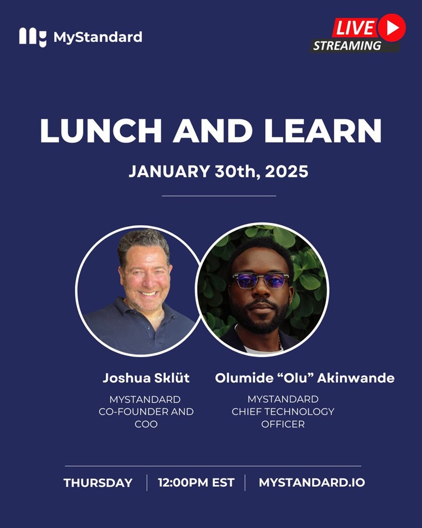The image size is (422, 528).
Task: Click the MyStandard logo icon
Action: [33, 37]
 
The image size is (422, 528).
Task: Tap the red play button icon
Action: [391, 28]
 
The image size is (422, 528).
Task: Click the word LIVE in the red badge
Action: [355, 29]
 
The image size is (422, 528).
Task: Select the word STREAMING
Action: [347, 45]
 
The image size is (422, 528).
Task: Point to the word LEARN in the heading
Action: [323, 130]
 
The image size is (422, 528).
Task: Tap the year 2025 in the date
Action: [286, 172]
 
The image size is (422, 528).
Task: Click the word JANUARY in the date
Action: [169, 172]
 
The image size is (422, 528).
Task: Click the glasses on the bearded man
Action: [261, 280]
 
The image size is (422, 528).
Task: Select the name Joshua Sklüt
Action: [146, 378]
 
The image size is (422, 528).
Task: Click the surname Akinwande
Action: [356, 378]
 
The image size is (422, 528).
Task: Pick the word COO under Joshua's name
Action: [146, 425]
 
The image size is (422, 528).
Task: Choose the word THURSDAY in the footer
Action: [98, 483]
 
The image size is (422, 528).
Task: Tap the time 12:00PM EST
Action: [196, 483]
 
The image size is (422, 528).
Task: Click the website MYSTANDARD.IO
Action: [312, 483]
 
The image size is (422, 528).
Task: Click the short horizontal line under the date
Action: [219, 196]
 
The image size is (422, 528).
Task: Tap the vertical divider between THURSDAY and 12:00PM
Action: [147, 483]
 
